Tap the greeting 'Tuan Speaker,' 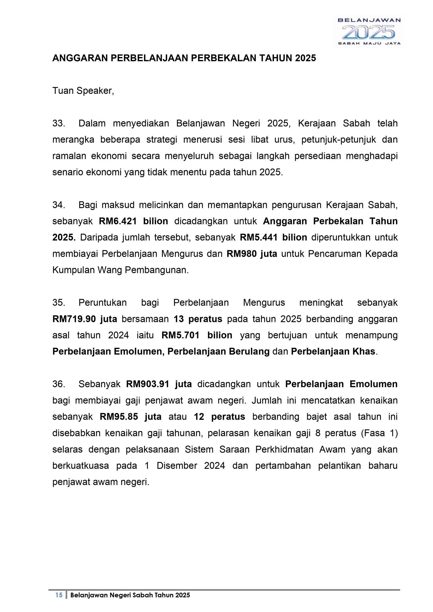coord(83,91)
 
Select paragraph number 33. coord(58,123)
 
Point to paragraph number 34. coord(58,205)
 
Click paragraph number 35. coord(58,303)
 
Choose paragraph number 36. coord(58,384)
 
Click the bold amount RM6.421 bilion coord(133,221)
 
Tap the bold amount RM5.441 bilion coord(273,237)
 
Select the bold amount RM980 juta coord(252,254)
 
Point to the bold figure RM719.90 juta coord(85,319)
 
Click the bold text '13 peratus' coord(198,319)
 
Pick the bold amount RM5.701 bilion coord(197,335)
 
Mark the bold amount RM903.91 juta coord(159,384)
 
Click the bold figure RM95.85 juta coord(131,417)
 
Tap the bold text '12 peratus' coord(219,417)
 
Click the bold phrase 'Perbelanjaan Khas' coord(333,352)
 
